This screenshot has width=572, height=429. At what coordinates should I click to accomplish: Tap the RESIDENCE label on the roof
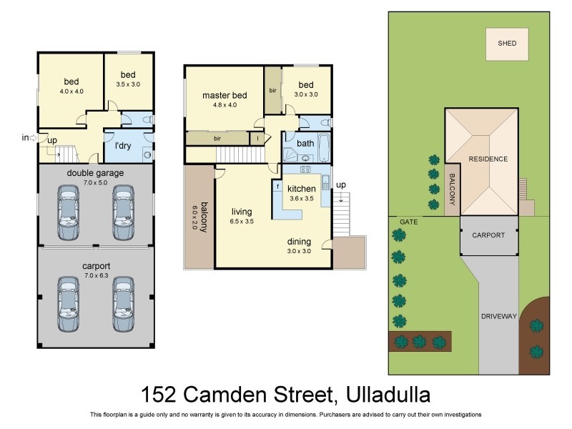click(x=488, y=159)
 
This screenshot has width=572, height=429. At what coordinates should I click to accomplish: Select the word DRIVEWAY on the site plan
click(x=498, y=316)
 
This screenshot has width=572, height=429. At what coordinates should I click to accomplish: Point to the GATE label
click(x=409, y=222)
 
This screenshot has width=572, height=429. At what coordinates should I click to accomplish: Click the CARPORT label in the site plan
click(x=488, y=235)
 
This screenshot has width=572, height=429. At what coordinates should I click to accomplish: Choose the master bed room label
click(x=225, y=95)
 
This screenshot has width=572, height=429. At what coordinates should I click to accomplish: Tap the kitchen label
click(x=301, y=189)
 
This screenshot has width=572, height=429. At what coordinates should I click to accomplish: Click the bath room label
click(x=305, y=143)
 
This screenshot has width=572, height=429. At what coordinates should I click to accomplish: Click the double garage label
click(x=95, y=173)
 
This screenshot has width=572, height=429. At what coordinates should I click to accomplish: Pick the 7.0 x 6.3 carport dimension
click(x=95, y=275)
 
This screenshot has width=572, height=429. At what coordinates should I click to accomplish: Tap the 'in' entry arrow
click(x=29, y=138)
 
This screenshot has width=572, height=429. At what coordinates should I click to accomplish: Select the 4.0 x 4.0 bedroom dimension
click(x=71, y=92)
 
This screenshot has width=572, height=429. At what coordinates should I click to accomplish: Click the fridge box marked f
click(x=276, y=187)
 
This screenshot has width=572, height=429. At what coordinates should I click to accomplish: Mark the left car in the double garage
click(x=68, y=212)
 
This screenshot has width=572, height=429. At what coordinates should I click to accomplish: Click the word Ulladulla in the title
click(x=388, y=395)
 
